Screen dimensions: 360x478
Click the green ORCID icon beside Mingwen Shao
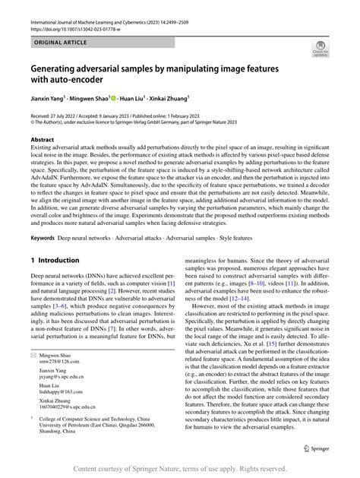pos(114,97)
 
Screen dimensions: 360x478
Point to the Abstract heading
pos(42,140)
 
